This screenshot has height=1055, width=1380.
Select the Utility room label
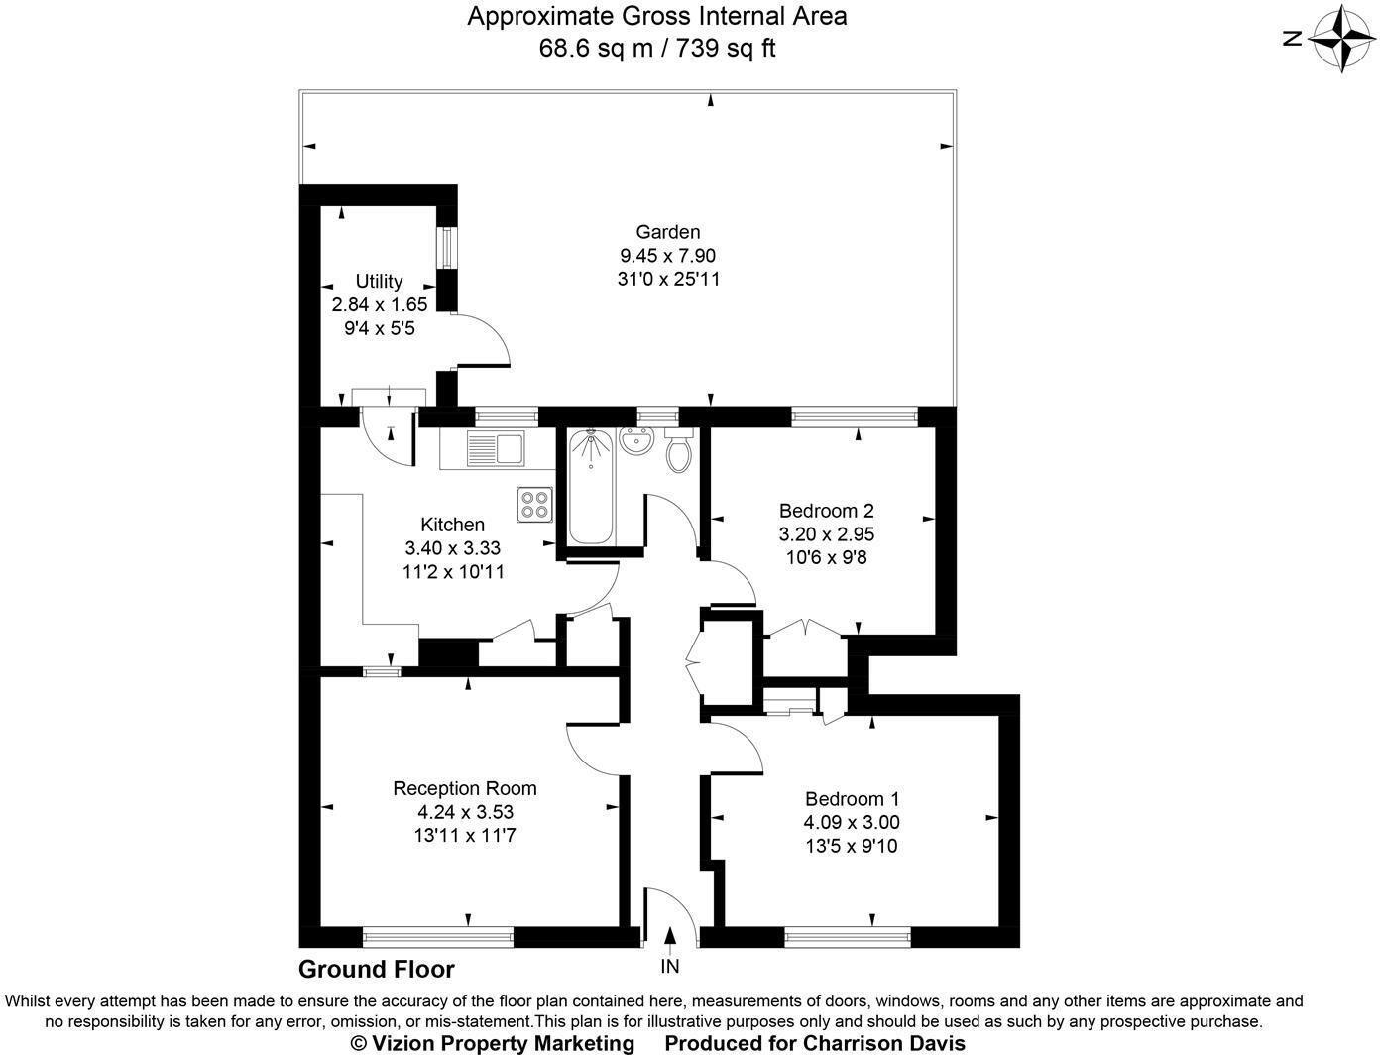[x=379, y=281]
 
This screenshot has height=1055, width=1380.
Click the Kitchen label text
[x=452, y=525]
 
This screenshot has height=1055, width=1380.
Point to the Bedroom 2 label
[x=826, y=511]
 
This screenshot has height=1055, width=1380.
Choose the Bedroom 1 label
[x=852, y=798]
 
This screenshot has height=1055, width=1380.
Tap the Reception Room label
[x=465, y=788]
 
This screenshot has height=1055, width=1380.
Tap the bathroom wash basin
[x=634, y=441]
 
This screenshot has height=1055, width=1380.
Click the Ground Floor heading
[x=377, y=970]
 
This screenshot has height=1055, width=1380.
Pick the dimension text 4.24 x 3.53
[x=465, y=812]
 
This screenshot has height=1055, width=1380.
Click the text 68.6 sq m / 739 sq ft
[x=656, y=48]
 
